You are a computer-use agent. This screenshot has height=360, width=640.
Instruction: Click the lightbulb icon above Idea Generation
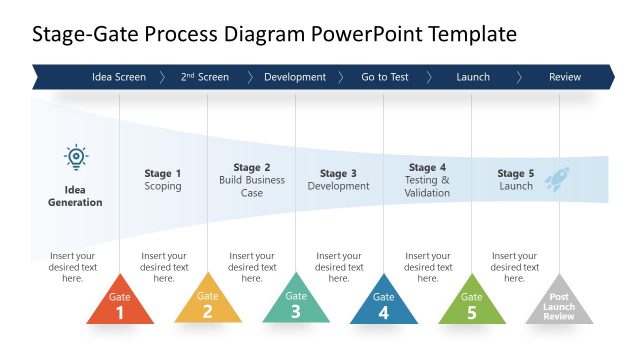[76, 157]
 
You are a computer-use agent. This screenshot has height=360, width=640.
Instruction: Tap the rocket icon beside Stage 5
[557, 178]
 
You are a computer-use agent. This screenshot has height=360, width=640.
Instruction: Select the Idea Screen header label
[119, 77]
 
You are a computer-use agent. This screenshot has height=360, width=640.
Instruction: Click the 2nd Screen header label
[205, 77]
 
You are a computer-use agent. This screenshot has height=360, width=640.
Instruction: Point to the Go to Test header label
[384, 77]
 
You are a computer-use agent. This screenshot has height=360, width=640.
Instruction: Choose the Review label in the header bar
[565, 77]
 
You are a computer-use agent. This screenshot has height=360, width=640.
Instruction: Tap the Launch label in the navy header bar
[473, 77]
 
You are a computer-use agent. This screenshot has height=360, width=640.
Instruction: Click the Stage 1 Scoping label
[163, 180]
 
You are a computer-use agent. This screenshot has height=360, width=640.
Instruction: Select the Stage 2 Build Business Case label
[252, 180]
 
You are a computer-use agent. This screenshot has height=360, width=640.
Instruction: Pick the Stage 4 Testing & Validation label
[427, 180]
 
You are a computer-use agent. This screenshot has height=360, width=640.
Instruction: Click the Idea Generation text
[76, 195]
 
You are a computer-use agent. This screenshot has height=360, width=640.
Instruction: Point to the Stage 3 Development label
[339, 180]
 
